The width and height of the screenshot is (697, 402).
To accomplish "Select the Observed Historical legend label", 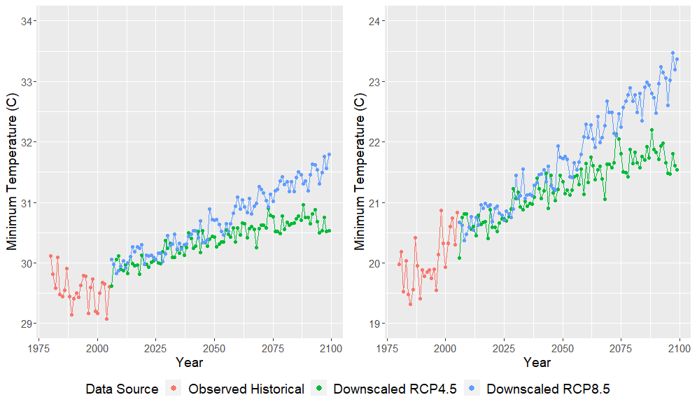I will click(246, 389).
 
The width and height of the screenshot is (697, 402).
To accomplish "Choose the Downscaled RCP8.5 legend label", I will click(548, 389).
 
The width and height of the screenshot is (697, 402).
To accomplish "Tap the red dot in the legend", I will click(175, 389).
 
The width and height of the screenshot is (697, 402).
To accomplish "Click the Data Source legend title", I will click(122, 389).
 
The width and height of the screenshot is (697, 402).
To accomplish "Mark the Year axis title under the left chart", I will click(190, 363).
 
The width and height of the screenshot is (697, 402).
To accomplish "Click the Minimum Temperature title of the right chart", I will click(359, 172).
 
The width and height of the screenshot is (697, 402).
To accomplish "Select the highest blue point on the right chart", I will click(673, 53).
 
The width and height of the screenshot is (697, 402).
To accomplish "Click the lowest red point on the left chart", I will click(106, 319).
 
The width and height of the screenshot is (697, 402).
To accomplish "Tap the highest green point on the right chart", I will click(652, 130).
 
